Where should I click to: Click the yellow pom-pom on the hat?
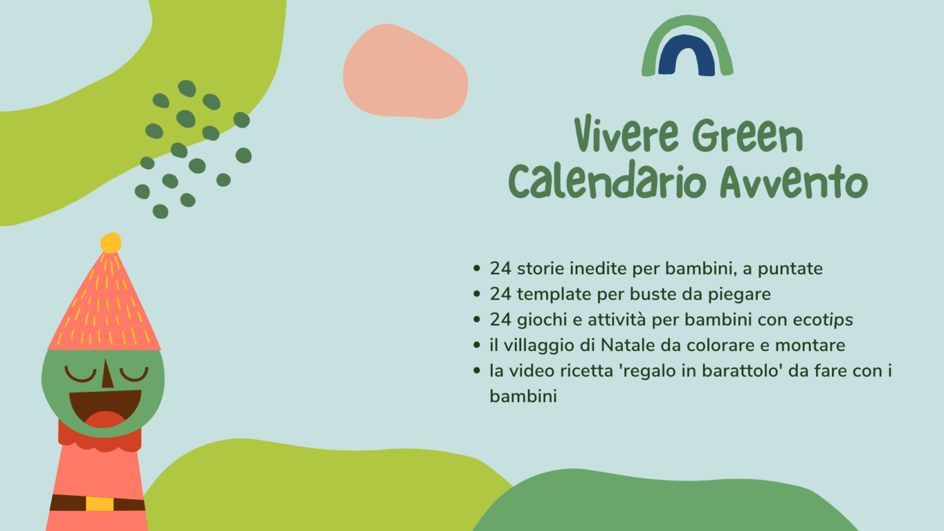111,243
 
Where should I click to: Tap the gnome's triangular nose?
108,374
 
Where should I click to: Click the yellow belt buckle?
99,503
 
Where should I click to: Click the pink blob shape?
405,72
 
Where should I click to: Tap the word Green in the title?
748,135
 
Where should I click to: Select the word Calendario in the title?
607,181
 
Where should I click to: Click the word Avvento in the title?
794,181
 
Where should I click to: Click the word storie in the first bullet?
541,269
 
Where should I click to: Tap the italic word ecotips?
823,320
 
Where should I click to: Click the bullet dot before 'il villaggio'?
476,345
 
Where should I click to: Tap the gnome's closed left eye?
80,374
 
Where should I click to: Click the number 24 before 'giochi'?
501,320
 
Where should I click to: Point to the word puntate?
790,269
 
